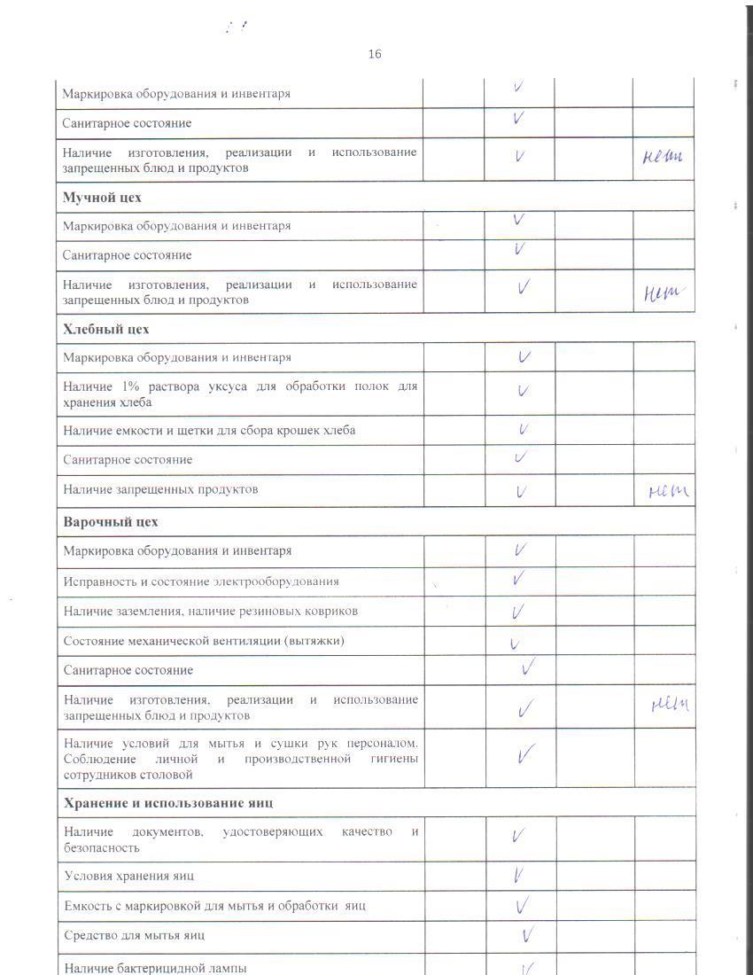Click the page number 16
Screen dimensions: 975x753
pyautogui.click(x=375, y=54)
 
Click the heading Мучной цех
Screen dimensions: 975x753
pyautogui.click(x=102, y=197)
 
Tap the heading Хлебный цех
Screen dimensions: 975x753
pyautogui.click(x=106, y=329)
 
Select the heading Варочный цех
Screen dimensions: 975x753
pyautogui.click(x=111, y=521)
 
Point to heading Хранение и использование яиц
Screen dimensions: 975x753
pyautogui.click(x=168, y=803)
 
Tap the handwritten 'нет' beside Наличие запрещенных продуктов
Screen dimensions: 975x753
pyautogui.click(x=669, y=490)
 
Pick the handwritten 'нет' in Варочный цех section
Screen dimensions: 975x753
pyautogui.click(x=670, y=705)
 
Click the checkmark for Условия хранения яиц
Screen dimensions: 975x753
pyautogui.click(x=519, y=876)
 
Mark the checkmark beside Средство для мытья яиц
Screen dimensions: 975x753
pyautogui.click(x=527, y=934)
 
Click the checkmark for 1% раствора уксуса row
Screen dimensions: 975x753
pyautogui.click(x=524, y=391)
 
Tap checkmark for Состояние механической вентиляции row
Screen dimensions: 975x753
pyautogui.click(x=515, y=644)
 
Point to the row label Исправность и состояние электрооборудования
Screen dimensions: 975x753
pyautogui.click(x=201, y=581)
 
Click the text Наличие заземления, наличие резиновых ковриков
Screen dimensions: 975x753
pyautogui.click(x=211, y=611)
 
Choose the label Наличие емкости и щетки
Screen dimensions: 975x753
pyautogui.click(x=209, y=431)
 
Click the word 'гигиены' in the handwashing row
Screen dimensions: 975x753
pyautogui.click(x=390, y=759)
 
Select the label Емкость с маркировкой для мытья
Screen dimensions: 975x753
pyautogui.click(x=214, y=906)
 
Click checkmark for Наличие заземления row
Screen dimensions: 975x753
pyautogui.click(x=518, y=612)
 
